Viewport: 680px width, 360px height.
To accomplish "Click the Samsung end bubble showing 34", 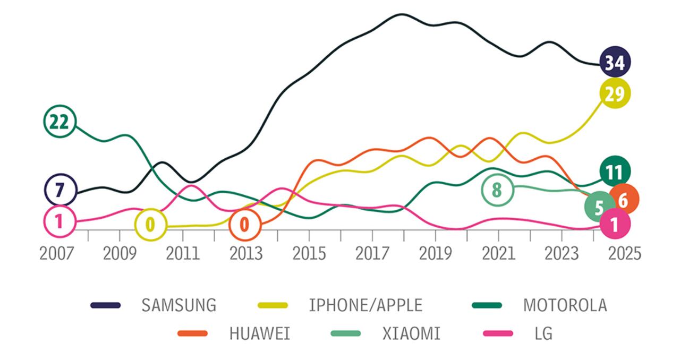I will pyautogui.click(x=615, y=63).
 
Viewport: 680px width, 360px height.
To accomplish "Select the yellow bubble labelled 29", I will pyautogui.click(x=615, y=93).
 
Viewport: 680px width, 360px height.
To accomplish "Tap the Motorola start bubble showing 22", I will pyautogui.click(x=59, y=122).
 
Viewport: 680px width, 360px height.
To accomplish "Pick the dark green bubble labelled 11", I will pyautogui.click(x=614, y=172).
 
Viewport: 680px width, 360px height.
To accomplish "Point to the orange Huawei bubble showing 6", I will pyautogui.click(x=624, y=200).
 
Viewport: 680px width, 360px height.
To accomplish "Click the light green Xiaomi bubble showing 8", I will pyautogui.click(x=497, y=190).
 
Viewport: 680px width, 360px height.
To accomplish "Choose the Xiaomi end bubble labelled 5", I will pyautogui.click(x=599, y=208).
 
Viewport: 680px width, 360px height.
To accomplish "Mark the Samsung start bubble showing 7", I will pyautogui.click(x=59, y=190).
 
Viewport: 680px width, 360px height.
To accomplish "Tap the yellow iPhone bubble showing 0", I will pyautogui.click(x=150, y=225).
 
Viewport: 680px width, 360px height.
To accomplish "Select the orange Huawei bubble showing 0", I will pyautogui.click(x=244, y=225).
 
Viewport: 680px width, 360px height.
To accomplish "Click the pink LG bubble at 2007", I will pyautogui.click(x=59, y=221).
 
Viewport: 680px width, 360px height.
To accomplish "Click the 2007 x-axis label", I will pyautogui.click(x=57, y=253).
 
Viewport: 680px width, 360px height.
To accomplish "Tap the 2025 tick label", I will pyautogui.click(x=624, y=253).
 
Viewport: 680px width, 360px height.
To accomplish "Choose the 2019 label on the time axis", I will pyautogui.click(x=435, y=253).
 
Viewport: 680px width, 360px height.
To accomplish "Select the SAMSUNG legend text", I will pyautogui.click(x=178, y=305).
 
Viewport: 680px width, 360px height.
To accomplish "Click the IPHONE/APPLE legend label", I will pyautogui.click(x=365, y=305).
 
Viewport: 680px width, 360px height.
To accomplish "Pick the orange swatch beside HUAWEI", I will pyautogui.click(x=193, y=334).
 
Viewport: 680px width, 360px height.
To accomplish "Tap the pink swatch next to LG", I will pyautogui.click(x=498, y=334).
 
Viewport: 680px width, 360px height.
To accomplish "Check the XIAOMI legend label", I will pyautogui.click(x=411, y=334).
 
